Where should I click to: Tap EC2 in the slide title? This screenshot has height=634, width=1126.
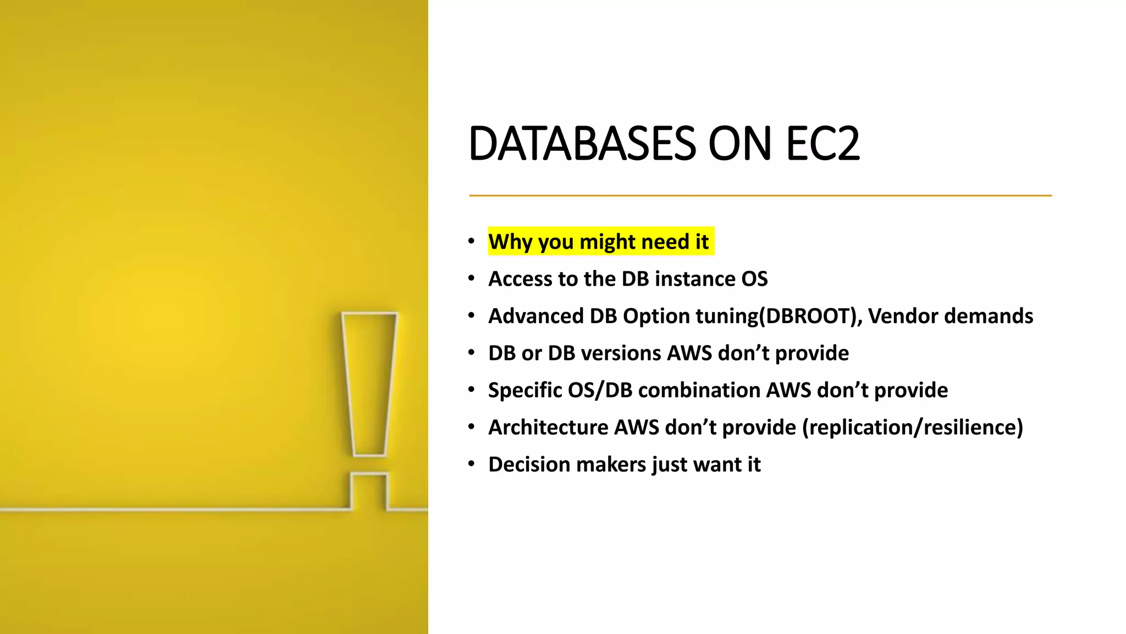(x=823, y=144)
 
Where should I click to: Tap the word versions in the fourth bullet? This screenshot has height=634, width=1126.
(x=618, y=353)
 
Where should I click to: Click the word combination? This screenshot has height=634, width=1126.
(x=698, y=390)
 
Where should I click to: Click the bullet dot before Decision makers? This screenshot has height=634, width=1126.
(x=471, y=464)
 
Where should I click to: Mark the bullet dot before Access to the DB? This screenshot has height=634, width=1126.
(x=471, y=278)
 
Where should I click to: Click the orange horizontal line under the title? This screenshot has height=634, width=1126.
(x=760, y=195)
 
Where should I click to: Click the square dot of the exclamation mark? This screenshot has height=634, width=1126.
(x=369, y=491)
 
